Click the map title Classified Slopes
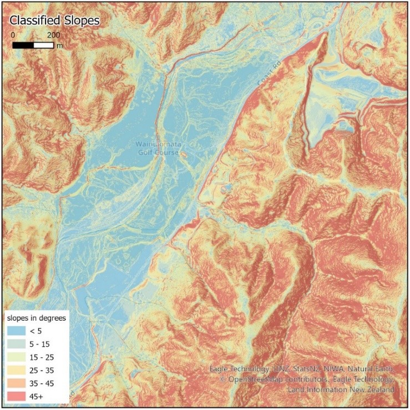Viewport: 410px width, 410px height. click(x=54, y=21)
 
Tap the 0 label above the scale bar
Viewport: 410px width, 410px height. click(x=13, y=35)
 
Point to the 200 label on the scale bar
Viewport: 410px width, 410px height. click(x=53, y=35)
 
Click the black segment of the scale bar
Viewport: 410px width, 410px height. click(x=23, y=44)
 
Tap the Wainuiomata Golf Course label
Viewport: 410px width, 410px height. click(x=158, y=148)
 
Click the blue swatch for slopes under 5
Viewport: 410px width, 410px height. click(x=18, y=331)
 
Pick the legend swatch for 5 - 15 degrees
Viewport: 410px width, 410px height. click(x=18, y=343)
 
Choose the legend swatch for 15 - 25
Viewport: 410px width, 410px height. click(x=18, y=356)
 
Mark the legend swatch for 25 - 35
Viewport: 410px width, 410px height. click(x=18, y=369)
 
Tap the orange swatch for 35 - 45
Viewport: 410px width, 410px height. click(x=18, y=382)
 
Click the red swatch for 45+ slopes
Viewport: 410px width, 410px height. click(x=18, y=394)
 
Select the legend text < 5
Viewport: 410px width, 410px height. click(x=41, y=331)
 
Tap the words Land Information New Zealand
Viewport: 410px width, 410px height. click(x=341, y=390)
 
